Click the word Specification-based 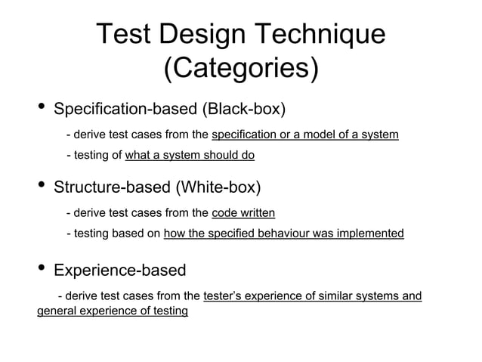(124, 110)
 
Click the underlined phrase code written (243, 214)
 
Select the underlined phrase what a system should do (190, 156)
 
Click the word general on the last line (57, 311)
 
